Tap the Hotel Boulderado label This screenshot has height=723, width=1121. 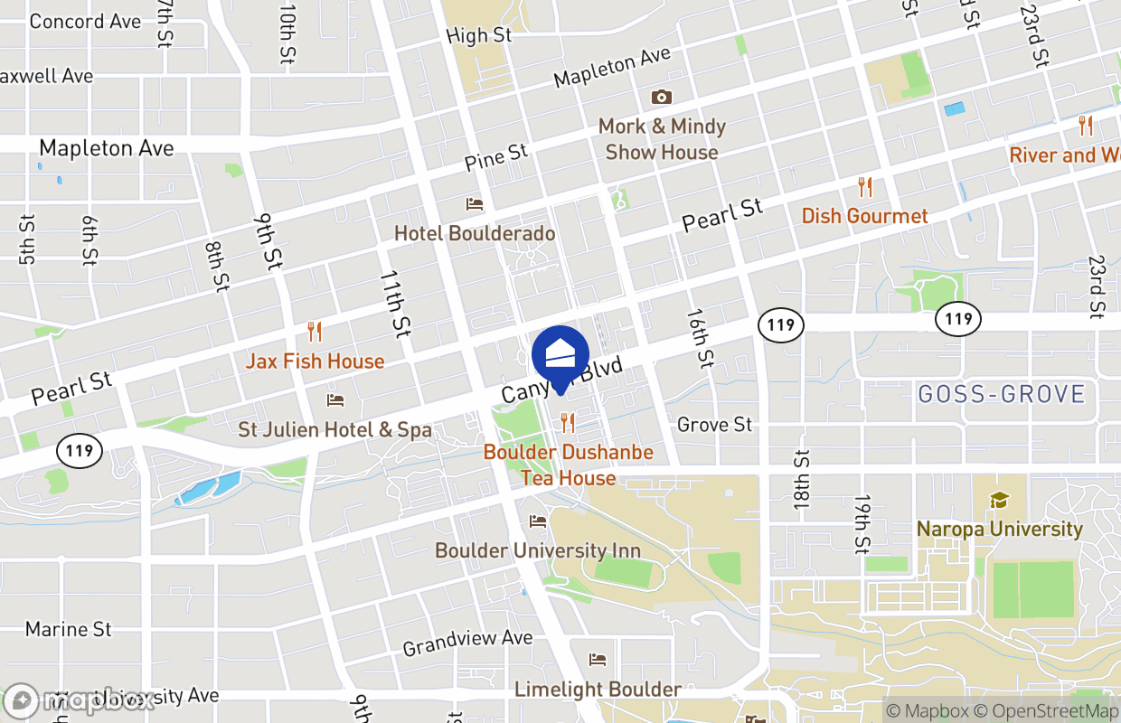click(x=475, y=233)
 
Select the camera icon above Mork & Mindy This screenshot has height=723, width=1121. click(x=662, y=97)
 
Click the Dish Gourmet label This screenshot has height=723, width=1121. click(x=864, y=216)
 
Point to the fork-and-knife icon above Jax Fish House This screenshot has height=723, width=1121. click(x=315, y=332)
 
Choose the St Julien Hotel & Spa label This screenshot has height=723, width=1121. click(x=335, y=429)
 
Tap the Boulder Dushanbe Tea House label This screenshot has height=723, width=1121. click(x=568, y=465)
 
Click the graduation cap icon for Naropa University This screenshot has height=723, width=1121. click(x=999, y=500)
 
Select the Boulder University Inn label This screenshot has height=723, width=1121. click(x=537, y=550)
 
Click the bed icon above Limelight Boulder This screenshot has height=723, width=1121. click(x=597, y=660)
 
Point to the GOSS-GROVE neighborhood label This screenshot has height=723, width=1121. click(x=1001, y=394)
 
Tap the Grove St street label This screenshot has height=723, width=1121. click(x=714, y=424)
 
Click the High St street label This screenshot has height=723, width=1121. click(x=479, y=36)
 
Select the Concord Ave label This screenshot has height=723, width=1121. click(x=85, y=21)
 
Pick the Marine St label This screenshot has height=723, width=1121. click(x=69, y=629)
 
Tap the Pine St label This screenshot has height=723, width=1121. click(x=496, y=156)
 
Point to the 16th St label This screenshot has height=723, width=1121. click(x=700, y=338)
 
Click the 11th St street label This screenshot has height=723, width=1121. click(x=394, y=303)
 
